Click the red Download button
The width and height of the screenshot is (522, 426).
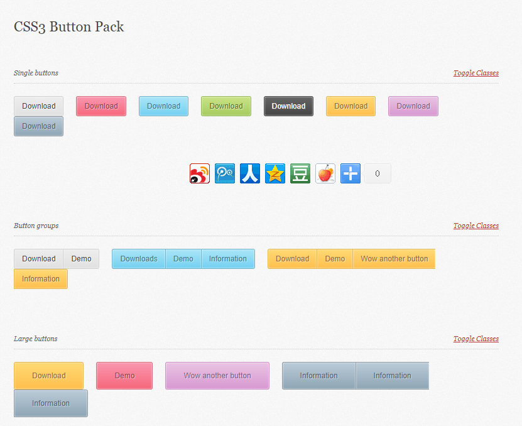(101, 106)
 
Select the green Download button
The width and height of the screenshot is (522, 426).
(226, 106)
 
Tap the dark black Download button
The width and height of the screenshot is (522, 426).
(288, 106)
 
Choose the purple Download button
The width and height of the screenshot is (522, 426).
(413, 106)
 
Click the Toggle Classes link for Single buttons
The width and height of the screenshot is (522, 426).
(476, 73)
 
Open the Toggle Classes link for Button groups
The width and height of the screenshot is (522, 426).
(476, 226)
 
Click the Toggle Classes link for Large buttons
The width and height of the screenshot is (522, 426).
(476, 339)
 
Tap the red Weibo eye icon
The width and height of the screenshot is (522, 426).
(200, 173)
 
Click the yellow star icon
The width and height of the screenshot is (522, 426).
(275, 173)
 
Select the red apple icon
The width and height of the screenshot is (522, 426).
(325, 173)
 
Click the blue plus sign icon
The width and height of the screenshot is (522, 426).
(351, 173)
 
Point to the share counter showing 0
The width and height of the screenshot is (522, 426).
(378, 173)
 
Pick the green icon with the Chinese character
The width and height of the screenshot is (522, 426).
(300, 173)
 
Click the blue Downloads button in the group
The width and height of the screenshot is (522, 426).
(139, 259)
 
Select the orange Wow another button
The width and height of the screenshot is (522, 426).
(394, 259)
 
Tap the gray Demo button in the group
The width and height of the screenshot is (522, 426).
(81, 259)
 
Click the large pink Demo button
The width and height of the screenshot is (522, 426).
(124, 376)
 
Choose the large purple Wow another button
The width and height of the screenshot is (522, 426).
(217, 376)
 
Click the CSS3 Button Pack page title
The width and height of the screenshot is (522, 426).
(69, 26)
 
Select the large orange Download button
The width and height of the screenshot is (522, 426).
(48, 376)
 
